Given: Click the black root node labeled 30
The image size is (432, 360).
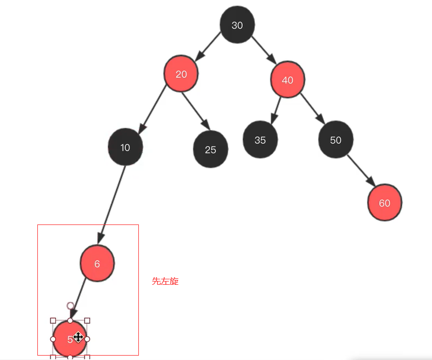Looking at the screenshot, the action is [x=237, y=25].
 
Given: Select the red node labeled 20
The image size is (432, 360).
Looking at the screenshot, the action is [x=181, y=74].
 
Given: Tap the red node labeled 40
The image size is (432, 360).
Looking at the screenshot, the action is [x=287, y=80].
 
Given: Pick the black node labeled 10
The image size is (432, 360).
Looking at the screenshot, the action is [x=125, y=147].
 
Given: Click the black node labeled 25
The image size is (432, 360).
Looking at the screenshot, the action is [x=210, y=149].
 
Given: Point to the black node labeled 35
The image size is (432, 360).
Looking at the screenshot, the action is [x=260, y=140].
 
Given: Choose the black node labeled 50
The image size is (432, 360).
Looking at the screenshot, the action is [x=335, y=140].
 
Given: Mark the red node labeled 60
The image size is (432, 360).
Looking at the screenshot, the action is [x=384, y=203].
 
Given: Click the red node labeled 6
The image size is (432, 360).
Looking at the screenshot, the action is [x=97, y=263].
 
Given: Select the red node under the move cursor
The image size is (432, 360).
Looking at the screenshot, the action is [x=65, y=339].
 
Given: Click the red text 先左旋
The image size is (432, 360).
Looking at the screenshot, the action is [x=165, y=282].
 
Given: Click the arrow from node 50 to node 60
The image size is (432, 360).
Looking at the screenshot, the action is [x=361, y=172].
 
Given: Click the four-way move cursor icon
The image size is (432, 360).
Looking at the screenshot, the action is [x=78, y=337].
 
